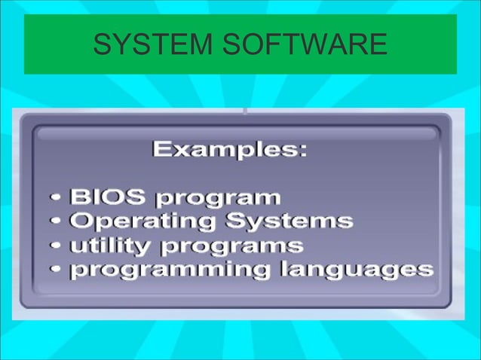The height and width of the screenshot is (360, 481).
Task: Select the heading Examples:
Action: click(x=230, y=150)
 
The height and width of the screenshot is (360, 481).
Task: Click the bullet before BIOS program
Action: click(x=57, y=199)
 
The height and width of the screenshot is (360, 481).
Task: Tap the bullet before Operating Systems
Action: click(x=57, y=222)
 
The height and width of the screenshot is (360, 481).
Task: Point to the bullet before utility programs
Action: click(x=57, y=246)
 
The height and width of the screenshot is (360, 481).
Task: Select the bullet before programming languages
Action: click(x=57, y=270)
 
